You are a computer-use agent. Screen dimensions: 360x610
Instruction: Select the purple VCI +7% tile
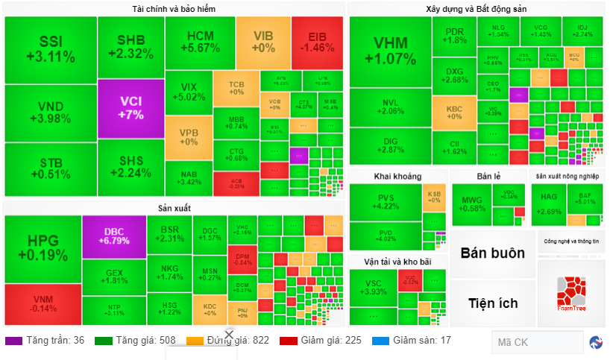pos(131,108)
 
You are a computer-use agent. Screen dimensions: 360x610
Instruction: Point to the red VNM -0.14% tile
pos(43,303)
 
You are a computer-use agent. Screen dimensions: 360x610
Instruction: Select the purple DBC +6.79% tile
pos(114,236)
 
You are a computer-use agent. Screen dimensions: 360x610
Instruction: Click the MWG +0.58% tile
pos(473,203)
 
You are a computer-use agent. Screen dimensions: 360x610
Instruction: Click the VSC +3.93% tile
pos(372,288)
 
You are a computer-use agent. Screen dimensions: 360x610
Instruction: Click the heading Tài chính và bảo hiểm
pos(174,9)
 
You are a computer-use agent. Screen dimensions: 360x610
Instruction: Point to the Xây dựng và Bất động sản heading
pos(477,9)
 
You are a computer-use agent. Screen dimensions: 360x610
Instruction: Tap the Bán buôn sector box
pos(492,253)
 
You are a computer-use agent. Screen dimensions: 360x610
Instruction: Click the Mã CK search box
pos(537,342)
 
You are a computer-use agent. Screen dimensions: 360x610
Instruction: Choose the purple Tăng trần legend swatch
pos(13,341)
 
